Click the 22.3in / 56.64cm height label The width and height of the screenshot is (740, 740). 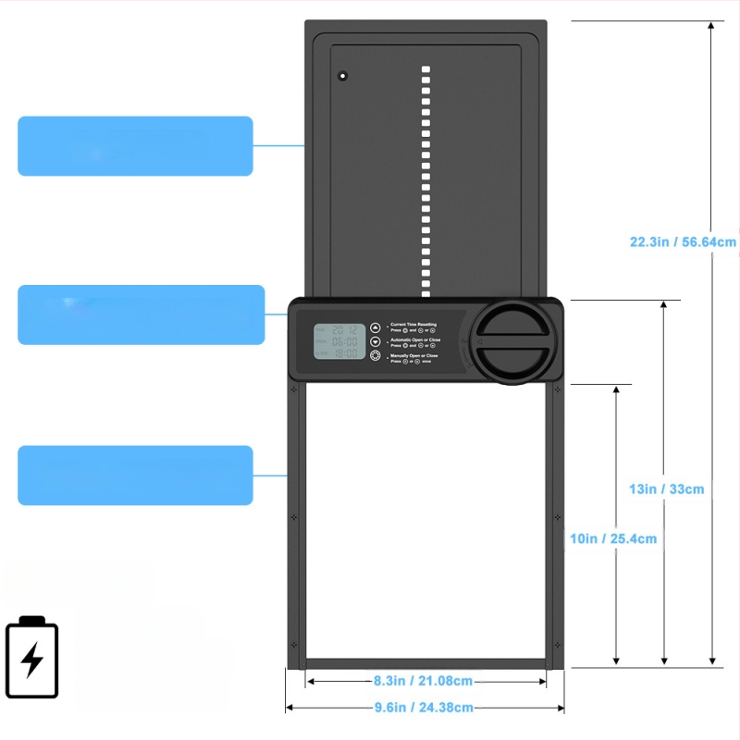coord(683,242)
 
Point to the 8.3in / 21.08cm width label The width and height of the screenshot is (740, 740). coord(423,681)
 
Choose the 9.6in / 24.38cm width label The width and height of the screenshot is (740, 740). coord(423,708)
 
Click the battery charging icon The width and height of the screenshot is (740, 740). coord(32,657)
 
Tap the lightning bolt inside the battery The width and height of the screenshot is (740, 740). coord(32,660)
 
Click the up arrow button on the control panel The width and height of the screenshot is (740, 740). coord(376,327)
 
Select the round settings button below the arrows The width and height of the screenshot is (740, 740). coord(376,356)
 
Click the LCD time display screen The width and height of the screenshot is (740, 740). coord(339,340)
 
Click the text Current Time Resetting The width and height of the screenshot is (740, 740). coord(413,325)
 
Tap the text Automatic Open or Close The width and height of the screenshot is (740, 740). coord(415,340)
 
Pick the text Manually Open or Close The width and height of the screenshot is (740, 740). coord(414,355)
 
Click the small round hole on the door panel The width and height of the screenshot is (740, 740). coord(342,75)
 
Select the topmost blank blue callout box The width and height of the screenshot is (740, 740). coord(135,146)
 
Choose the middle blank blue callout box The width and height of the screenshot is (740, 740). coord(141,314)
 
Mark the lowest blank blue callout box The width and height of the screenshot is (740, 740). coord(135,475)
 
